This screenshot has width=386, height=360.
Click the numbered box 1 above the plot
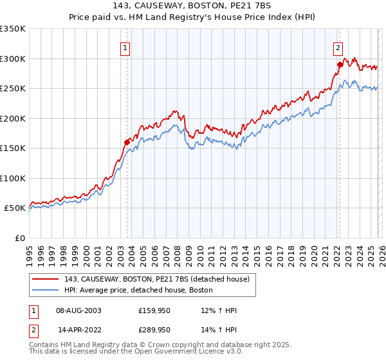pyautogui.click(x=126, y=47)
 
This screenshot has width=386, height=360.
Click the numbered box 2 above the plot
pyautogui.click(x=338, y=47)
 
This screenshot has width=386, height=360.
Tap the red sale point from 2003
pyautogui.click(x=127, y=142)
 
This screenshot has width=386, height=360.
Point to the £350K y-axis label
pyautogui.click(x=13, y=29)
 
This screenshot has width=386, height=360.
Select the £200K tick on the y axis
pyautogui.click(x=13, y=118)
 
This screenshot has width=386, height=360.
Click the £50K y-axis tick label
pyautogui.click(x=15, y=208)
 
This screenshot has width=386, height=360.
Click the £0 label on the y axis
pyautogui.click(x=19, y=238)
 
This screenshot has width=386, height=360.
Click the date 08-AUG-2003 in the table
pyautogui.click(x=78, y=310)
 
